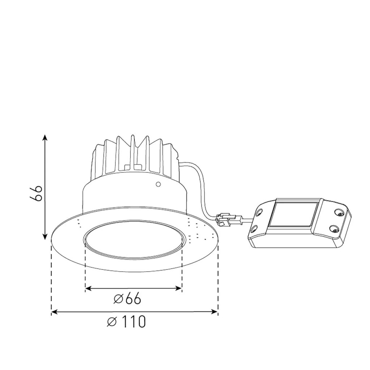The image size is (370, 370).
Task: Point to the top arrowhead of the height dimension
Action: pos(45,138)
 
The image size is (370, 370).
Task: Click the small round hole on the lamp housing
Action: pos(158,185)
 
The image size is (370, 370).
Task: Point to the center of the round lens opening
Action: pos(134,241)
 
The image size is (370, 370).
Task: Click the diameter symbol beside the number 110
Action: pos(112,322)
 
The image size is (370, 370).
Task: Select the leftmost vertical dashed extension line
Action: pos(51,278)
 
